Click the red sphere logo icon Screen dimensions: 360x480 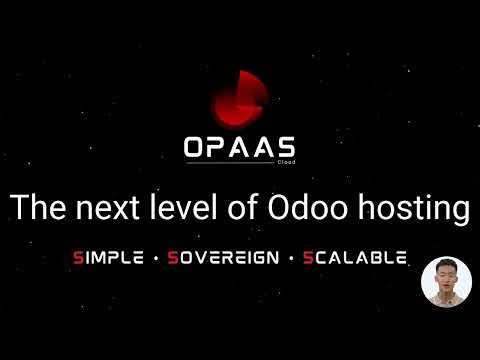[x=239, y=100]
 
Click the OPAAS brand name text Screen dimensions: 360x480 [x=239, y=146]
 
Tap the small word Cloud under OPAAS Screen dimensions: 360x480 [x=285, y=160]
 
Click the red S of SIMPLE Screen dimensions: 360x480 [x=78, y=257]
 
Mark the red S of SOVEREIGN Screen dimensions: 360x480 [x=173, y=257]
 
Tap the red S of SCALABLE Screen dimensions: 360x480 [x=307, y=257]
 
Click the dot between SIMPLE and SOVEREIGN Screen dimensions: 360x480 [x=154, y=258]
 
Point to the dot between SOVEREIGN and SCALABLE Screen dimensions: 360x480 [x=288, y=258]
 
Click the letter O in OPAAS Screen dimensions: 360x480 [x=196, y=146]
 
